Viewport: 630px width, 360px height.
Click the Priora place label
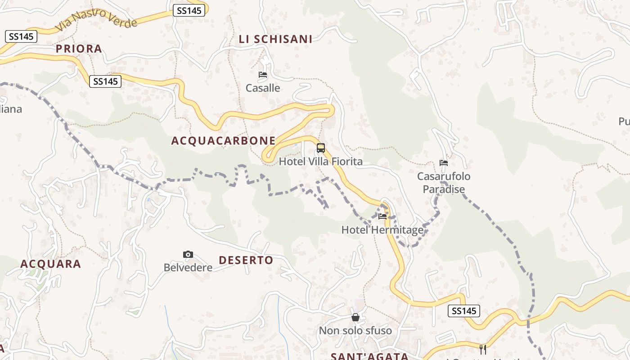(79, 49)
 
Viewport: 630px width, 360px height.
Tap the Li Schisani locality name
(275, 39)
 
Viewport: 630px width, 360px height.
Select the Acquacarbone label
(223, 140)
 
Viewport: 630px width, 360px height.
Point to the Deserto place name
(246, 260)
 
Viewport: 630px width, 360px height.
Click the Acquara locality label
(51, 264)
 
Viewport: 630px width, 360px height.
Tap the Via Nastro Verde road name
(96, 20)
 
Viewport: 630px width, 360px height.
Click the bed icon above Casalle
(263, 75)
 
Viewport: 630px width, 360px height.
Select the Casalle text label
(263, 88)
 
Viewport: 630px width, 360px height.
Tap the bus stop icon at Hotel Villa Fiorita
(321, 148)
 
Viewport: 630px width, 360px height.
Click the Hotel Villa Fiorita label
(321, 161)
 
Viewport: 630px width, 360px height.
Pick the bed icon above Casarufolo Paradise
(444, 163)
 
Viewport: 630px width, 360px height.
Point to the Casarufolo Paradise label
(444, 182)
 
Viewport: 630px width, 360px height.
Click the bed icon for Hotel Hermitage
(382, 216)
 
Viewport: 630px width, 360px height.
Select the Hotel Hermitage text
(382, 230)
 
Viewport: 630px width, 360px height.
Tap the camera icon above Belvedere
(188, 255)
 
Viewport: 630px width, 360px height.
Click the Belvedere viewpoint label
(188, 268)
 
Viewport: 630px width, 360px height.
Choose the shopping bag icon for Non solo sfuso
(355, 318)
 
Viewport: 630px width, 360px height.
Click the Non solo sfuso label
(355, 331)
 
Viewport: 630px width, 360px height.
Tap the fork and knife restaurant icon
(483, 349)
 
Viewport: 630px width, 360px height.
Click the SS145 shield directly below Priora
(105, 81)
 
